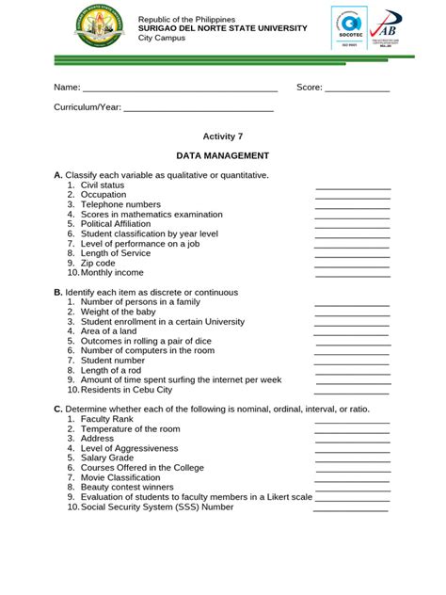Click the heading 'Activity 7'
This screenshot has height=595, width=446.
coord(223,137)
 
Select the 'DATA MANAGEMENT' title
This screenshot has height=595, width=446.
coord(223,155)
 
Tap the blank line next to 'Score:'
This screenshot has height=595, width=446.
coord(357,88)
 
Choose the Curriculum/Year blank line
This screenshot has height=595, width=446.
coord(199,108)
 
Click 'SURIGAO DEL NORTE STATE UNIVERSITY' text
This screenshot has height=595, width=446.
coord(222,28)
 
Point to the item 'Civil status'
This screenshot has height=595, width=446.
coord(103,185)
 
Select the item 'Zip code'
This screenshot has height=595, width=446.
coord(98,264)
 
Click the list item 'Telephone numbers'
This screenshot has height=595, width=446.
coord(120,204)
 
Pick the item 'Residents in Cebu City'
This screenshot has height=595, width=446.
coord(126,390)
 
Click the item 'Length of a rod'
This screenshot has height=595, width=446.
coord(111,370)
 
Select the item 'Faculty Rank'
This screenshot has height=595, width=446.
coord(107,419)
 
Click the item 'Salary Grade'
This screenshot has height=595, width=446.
coord(108,458)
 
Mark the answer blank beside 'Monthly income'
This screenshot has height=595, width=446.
coord(352,273)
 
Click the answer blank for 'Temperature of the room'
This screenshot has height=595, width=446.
coord(352,429)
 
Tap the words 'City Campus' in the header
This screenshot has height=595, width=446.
coord(163,38)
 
